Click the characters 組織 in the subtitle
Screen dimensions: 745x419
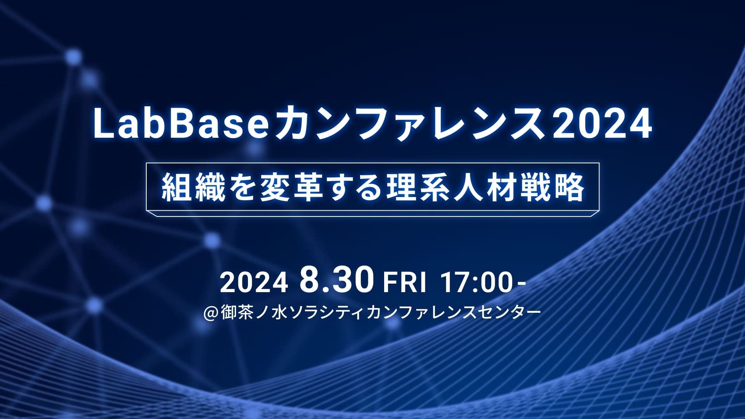click(x=194, y=187)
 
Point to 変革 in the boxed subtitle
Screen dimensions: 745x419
click(x=292, y=187)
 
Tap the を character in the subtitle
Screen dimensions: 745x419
click(x=243, y=188)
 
